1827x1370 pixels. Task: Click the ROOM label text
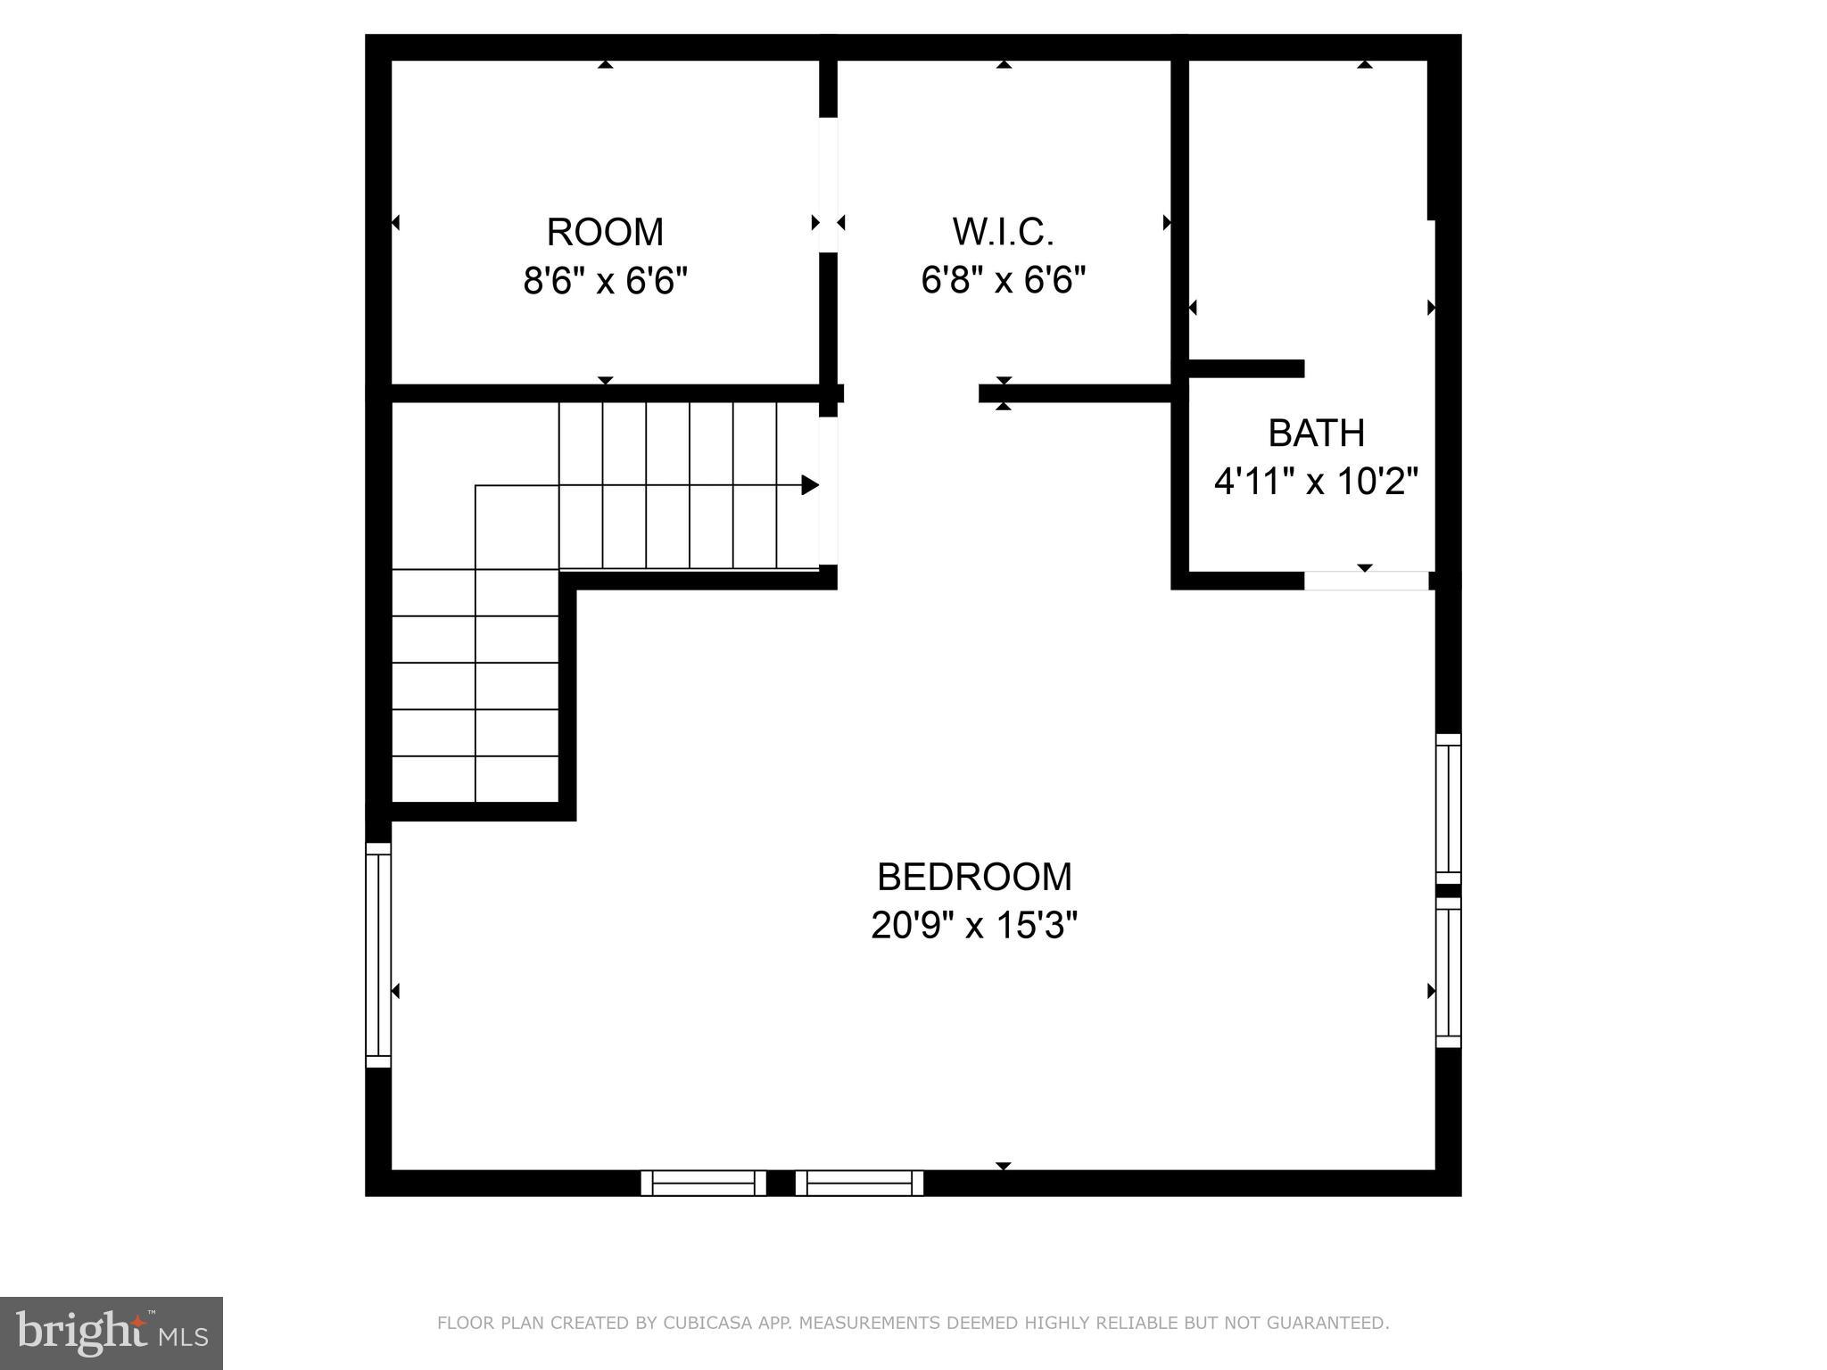605,233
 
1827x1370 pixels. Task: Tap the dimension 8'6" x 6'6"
605,282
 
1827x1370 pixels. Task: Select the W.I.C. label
1004,232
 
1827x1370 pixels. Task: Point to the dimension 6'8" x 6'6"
1004,281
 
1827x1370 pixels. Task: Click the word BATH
1316,433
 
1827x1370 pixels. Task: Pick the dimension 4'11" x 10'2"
1316,483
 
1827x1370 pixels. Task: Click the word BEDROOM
974,877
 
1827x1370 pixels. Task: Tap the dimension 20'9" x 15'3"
974,926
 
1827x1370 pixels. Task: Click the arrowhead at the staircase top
810,485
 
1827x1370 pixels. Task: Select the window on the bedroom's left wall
378,954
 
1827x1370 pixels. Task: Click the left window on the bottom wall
703,1183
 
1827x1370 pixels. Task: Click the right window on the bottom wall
859,1183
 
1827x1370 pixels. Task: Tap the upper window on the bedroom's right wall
1448,808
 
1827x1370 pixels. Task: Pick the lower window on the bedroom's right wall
1448,972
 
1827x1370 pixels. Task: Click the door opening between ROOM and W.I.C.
829,185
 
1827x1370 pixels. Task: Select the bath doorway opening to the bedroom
1366,581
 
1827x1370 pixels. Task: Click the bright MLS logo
112,1333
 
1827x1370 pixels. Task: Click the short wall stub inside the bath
1246,368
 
